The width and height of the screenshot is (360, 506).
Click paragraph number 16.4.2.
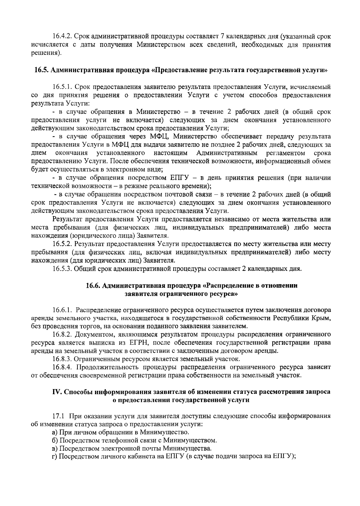pos(62,37)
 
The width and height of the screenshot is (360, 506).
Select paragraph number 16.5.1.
pos(62,87)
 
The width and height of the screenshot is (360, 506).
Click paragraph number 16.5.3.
pos(62,268)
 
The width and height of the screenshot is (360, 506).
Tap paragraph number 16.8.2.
pos(62,334)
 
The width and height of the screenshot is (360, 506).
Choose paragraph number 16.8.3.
pos(62,359)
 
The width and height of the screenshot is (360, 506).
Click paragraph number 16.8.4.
pos(62,367)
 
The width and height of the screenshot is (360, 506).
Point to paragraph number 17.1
pos(58,416)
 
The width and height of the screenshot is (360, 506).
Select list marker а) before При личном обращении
pos(55,433)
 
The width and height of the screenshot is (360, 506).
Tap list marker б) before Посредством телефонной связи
pos(55,441)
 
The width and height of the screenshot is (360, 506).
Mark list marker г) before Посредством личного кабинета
pos(55,457)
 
